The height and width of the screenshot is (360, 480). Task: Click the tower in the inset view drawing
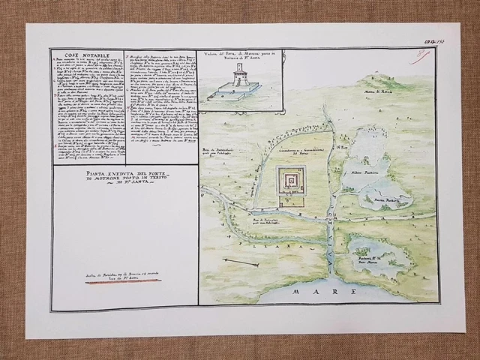click(x=239, y=73)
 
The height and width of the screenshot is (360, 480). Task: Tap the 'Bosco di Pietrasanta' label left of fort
click(x=217, y=153)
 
